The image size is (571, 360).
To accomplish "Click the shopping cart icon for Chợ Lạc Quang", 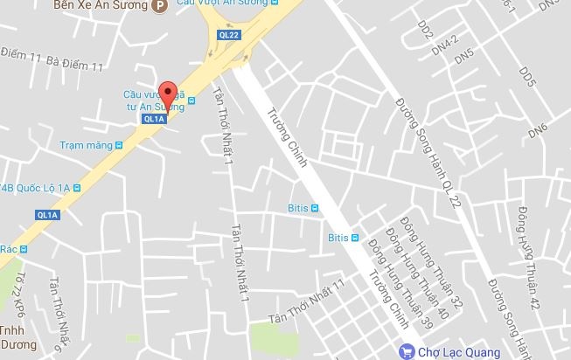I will pyautogui.click(x=405, y=352).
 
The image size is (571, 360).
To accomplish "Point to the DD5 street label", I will pyautogui.click(x=526, y=75).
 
